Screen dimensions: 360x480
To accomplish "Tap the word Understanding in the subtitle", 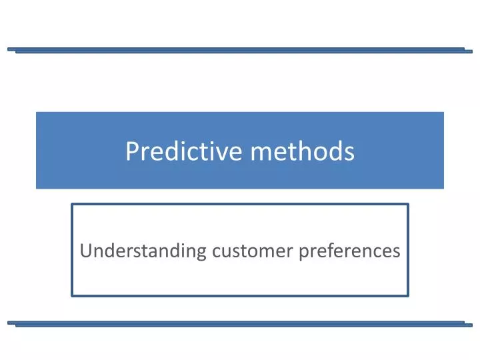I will coord(143,251).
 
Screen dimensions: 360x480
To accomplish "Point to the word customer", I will coord(253,251).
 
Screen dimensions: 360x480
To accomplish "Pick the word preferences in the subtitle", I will coord(349,251).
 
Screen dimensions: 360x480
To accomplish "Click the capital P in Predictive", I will coord(131,153).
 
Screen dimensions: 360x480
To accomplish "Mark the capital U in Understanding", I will coord(85,251).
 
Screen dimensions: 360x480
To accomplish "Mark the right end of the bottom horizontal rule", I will coord(471,325).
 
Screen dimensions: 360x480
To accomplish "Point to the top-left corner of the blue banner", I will coord(37,112).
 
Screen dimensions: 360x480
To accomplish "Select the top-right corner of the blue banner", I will coord(443,112).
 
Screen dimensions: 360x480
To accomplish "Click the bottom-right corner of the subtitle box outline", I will coord(407,295).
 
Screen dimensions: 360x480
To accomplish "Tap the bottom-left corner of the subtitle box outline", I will coord(72,295).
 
